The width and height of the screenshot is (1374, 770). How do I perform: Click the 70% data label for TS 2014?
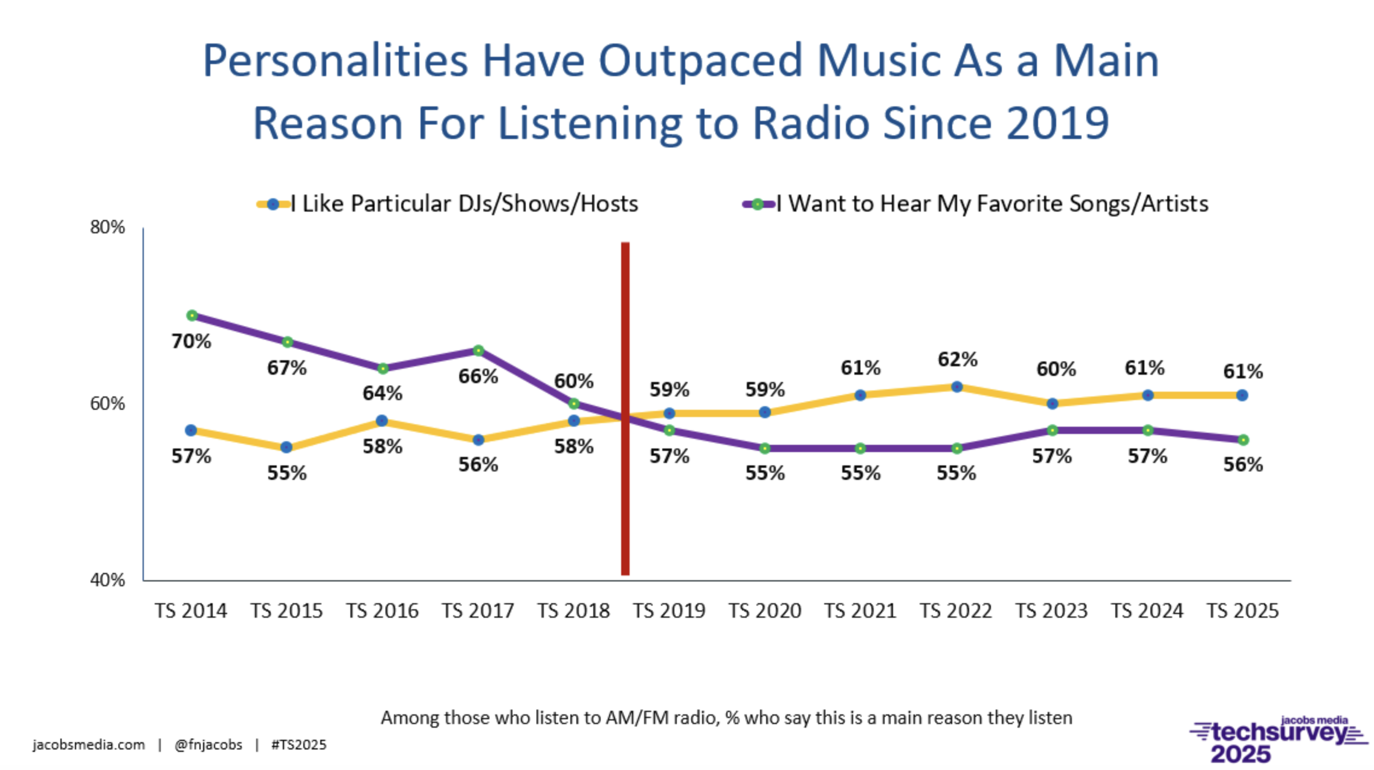(191, 341)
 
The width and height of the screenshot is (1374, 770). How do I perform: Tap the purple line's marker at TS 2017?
(478, 351)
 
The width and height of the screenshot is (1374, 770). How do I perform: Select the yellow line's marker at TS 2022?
(956, 387)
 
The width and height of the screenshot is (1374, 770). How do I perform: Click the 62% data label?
(957, 360)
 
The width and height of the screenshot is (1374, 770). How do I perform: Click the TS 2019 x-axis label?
(669, 611)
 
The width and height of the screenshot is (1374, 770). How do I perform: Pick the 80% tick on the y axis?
(108, 227)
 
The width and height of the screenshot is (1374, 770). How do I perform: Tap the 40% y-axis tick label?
(108, 580)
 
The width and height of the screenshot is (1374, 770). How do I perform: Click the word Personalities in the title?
(335, 61)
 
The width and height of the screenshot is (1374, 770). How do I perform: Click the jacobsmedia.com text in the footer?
(89, 745)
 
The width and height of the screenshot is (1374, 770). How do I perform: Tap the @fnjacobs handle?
(208, 745)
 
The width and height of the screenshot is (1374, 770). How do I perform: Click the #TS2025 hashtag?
(298, 745)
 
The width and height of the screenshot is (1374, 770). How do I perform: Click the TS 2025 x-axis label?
(1242, 611)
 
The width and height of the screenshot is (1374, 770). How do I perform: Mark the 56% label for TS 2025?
(1243, 465)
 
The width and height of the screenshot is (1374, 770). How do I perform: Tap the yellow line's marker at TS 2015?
(286, 448)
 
